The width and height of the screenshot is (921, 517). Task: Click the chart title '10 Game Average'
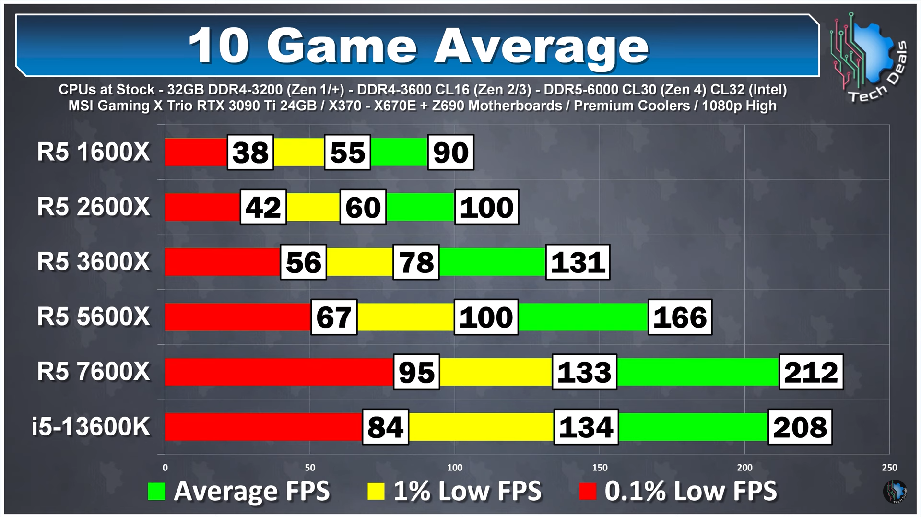point(418,46)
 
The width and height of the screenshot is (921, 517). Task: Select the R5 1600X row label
point(94,152)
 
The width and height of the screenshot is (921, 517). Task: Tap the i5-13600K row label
point(91,426)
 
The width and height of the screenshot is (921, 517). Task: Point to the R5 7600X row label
point(94,372)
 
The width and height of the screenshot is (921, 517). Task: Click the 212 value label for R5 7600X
point(811,372)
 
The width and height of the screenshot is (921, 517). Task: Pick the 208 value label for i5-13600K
point(800,427)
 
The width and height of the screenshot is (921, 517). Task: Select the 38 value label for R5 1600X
point(250,153)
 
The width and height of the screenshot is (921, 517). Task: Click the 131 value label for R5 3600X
point(578,262)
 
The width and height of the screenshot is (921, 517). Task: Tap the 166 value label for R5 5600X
point(680,317)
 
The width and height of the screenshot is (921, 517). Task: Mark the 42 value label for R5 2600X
point(263,207)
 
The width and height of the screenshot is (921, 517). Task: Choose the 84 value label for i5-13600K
point(386,427)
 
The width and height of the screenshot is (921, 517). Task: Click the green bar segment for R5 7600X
point(698,372)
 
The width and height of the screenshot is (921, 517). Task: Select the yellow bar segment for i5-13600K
point(481,427)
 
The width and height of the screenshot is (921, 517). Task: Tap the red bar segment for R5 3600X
point(223,262)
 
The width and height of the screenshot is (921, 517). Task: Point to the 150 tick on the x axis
point(600,467)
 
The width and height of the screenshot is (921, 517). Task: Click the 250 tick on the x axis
point(889,467)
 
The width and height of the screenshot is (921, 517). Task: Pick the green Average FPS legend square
point(157,491)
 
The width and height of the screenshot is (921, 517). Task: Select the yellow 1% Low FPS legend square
point(376,491)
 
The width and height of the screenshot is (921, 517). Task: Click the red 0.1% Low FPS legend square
point(588,491)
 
